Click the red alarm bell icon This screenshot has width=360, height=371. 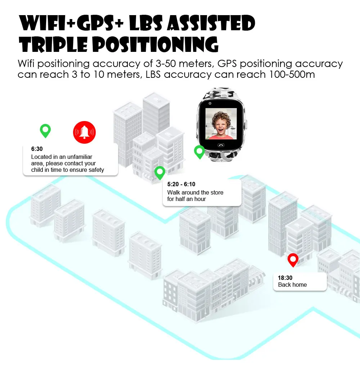click(85, 132)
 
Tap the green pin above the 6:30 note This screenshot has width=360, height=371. click(45, 130)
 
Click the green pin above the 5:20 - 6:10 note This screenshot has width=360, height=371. click(160, 173)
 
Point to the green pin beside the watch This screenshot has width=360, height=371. click(199, 152)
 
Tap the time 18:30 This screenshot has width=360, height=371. click(285, 278)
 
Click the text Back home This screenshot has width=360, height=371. click(292, 285)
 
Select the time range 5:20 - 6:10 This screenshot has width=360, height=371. click(181, 184)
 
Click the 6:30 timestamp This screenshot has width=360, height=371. click(37, 149)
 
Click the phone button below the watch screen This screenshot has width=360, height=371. click(221, 145)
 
